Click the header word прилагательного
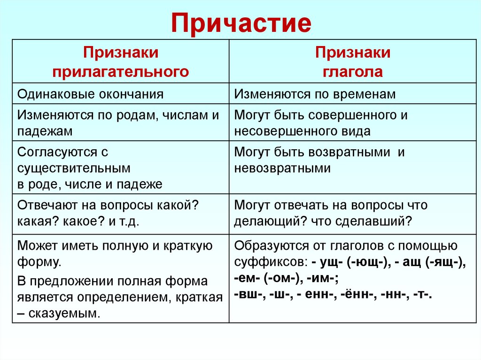[121, 71]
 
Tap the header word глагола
[352, 71]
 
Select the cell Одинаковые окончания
[91, 94]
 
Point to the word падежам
[45, 131]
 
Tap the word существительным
[74, 168]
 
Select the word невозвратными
[282, 168]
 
